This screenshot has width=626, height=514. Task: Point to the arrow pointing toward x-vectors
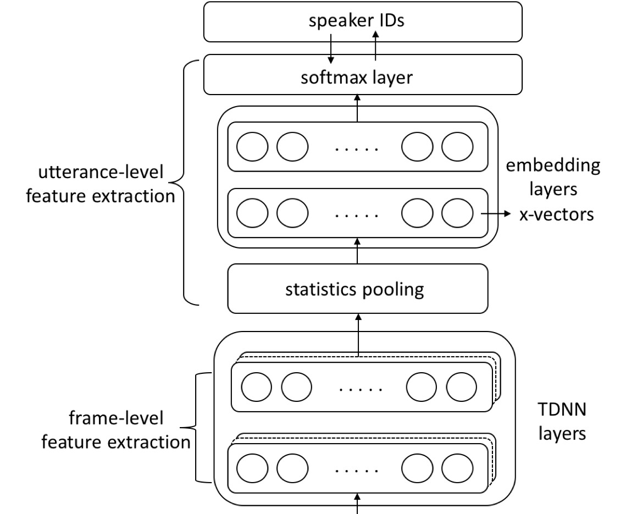(x=495, y=214)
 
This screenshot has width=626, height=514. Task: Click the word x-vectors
(x=556, y=214)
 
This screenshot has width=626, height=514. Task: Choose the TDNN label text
(x=556, y=421)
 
